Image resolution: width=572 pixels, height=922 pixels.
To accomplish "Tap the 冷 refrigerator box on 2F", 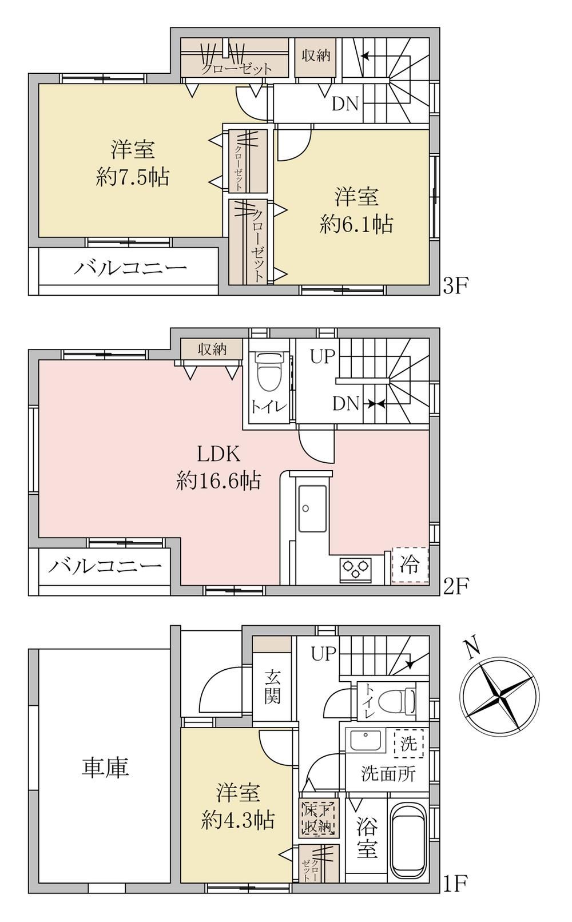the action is coord(410,565).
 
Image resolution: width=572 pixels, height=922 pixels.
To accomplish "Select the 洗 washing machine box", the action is coord(408,743).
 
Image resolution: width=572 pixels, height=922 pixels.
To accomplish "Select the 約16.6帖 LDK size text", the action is coord(218,480).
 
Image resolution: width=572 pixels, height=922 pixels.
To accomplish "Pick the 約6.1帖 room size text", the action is coord(356,224).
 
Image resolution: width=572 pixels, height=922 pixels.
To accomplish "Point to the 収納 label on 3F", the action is coord(316,55).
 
